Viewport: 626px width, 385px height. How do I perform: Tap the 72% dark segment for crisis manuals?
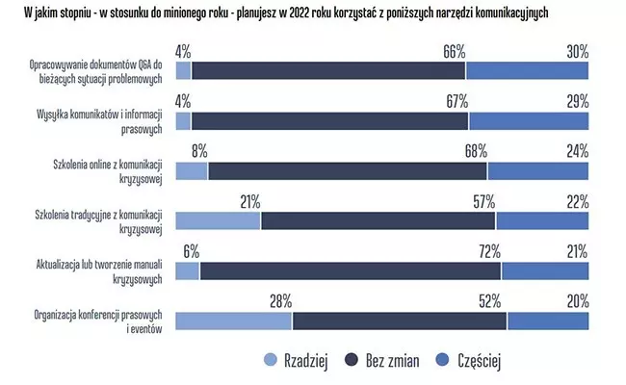[x=350, y=271]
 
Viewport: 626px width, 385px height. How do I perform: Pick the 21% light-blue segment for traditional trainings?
[x=219, y=220]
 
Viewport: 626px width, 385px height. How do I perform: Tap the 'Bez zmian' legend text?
[x=393, y=361]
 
